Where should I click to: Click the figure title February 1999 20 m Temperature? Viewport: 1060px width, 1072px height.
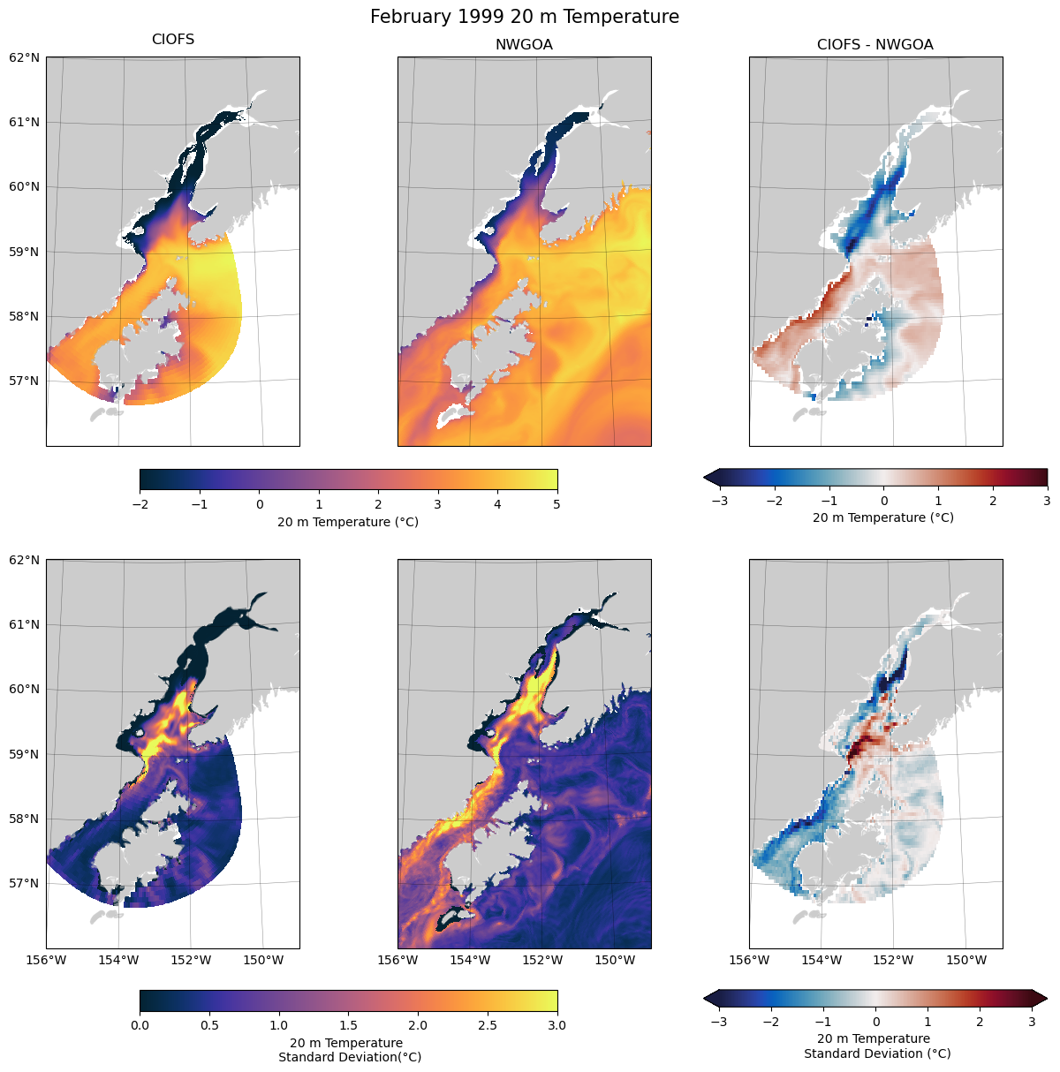(x=525, y=17)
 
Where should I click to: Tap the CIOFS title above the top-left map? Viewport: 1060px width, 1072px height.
(x=173, y=40)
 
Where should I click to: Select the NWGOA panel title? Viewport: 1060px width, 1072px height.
(x=524, y=44)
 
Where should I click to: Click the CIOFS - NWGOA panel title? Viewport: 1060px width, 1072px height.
(x=874, y=44)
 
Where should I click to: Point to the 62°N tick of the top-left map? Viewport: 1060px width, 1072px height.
(x=24, y=57)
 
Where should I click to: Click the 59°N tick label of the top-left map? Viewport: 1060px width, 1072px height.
(x=24, y=252)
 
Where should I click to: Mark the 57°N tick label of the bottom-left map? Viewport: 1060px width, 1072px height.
(x=24, y=883)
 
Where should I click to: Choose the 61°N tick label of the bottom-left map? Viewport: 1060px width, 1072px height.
(x=24, y=624)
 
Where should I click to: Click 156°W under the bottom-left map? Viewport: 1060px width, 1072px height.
(x=47, y=960)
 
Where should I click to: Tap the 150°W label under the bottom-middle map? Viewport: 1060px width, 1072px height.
(x=615, y=960)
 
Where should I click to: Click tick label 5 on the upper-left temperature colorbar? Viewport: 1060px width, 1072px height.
(x=556, y=504)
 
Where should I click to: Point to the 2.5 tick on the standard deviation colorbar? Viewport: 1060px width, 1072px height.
(x=487, y=1025)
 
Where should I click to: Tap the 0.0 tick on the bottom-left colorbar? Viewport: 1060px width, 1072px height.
(x=140, y=1025)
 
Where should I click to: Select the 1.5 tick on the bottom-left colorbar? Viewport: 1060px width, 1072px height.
(x=348, y=1025)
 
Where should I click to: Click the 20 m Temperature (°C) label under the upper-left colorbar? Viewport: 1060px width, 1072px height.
(x=348, y=522)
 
